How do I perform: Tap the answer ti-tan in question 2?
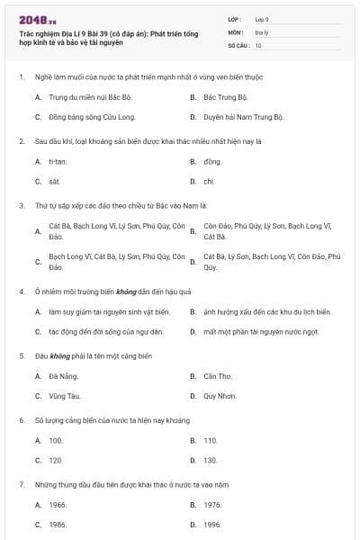(x=58, y=161)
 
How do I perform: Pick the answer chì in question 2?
(x=209, y=182)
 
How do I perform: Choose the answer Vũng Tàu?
(x=64, y=396)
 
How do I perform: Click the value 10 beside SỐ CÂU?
(x=258, y=44)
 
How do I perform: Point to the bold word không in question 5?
(x=60, y=355)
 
